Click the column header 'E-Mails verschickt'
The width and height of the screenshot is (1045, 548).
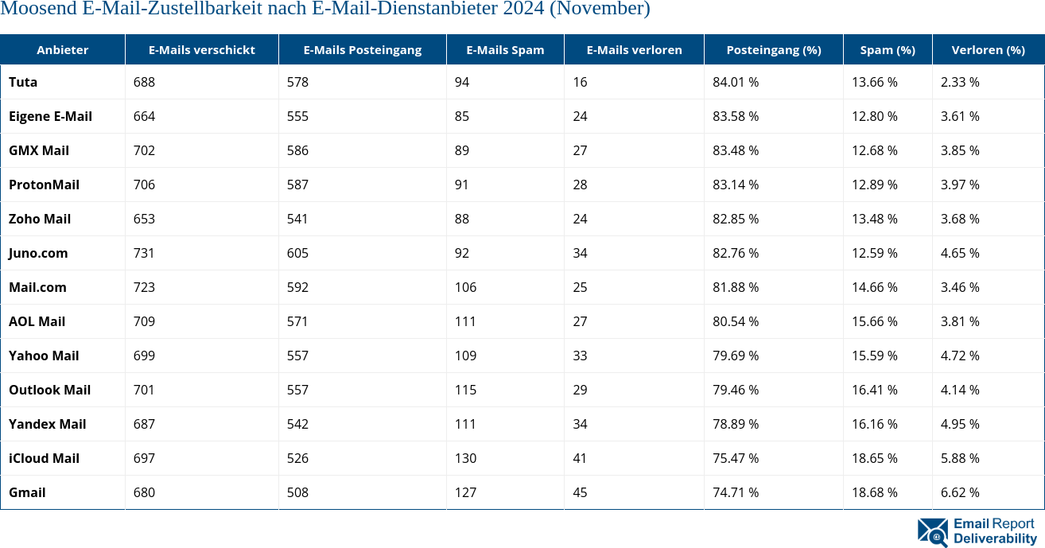(x=201, y=49)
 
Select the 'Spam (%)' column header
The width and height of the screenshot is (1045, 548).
(x=888, y=49)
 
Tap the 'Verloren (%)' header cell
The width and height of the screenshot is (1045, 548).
(x=988, y=49)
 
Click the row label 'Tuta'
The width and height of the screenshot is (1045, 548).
(x=23, y=82)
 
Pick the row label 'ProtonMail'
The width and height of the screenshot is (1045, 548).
(x=44, y=185)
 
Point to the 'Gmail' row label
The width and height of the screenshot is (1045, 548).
(x=27, y=492)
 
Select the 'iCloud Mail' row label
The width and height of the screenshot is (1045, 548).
(x=45, y=458)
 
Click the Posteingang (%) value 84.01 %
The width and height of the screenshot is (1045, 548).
(x=736, y=82)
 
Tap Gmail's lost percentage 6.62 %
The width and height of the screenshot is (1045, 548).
(x=960, y=492)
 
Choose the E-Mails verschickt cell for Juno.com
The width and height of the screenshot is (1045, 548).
(x=145, y=253)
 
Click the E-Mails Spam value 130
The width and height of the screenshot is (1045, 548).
(x=465, y=458)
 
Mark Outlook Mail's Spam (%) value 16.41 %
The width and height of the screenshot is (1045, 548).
(x=875, y=390)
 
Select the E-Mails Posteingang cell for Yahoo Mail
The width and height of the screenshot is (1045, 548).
(x=297, y=356)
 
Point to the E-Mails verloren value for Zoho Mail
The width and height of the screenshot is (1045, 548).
(x=580, y=219)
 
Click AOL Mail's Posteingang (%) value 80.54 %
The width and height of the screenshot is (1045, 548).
(x=736, y=321)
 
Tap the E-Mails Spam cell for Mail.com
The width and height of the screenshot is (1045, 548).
(x=465, y=287)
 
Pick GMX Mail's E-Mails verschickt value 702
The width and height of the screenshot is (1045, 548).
(x=145, y=150)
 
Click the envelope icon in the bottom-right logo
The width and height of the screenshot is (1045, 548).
(x=932, y=532)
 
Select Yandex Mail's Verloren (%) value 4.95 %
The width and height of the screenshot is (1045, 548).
(x=960, y=424)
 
